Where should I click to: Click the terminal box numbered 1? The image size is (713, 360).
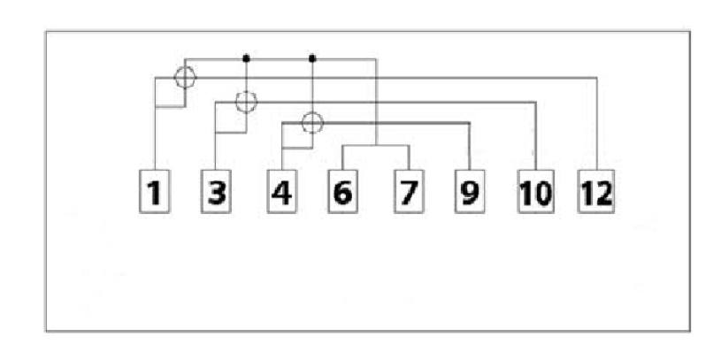[155, 191]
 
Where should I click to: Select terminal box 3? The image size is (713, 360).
[216, 191]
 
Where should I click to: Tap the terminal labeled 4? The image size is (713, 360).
[282, 191]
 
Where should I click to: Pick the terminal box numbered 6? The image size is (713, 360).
[343, 191]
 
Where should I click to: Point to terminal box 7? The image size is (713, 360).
[409, 191]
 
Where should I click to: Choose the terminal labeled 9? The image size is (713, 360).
[470, 191]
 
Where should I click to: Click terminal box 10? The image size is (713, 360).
[536, 191]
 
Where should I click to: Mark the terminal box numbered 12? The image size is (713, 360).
[596, 191]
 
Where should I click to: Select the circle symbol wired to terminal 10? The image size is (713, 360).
[235, 102]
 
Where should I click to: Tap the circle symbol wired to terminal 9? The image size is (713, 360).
[303, 123]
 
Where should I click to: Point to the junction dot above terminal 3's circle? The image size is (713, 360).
[246, 58]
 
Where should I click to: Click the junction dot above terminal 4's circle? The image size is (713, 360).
[312, 58]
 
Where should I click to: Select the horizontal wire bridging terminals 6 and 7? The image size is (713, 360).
[376, 145]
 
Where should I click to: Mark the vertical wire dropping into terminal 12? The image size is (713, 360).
[596, 124]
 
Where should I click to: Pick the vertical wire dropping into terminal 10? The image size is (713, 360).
[536, 136]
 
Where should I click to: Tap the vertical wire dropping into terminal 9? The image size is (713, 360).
[469, 146]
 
